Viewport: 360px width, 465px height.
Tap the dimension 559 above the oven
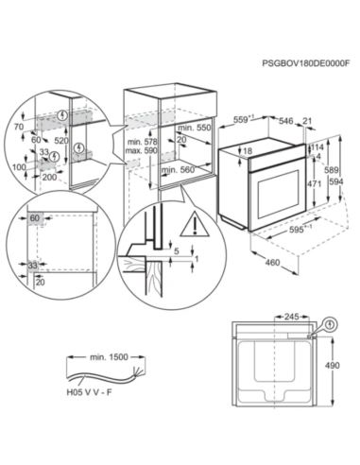244,119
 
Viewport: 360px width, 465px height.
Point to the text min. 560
179,170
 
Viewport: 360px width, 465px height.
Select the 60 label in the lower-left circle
34,216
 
